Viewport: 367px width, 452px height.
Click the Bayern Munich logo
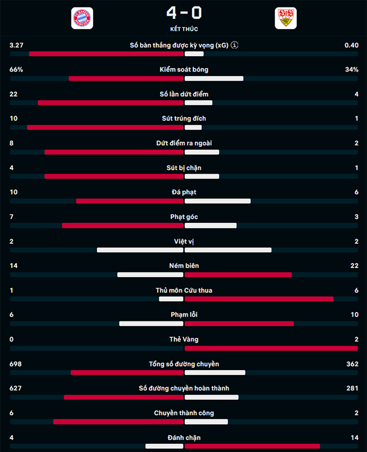coord(82,18)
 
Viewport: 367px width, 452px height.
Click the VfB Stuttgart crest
coord(286,18)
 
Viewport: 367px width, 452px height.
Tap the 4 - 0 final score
coord(183,12)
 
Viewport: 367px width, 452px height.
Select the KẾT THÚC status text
coord(183,29)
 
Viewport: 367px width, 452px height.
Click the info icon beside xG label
coord(235,45)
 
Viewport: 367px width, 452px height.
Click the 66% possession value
coord(16,70)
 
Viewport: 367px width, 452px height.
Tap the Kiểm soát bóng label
coord(183,70)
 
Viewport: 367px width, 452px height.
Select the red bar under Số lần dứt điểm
coord(111,102)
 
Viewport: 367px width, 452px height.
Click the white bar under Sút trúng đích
coord(193,127)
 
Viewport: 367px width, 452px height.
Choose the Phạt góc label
coord(183,217)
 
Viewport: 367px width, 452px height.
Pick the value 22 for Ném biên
coord(354,266)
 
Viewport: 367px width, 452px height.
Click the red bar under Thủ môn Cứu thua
coord(259,299)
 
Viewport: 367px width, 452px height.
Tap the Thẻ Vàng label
coord(183,339)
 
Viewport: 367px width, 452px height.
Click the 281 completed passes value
coord(352,388)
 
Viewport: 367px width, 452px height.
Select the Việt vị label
coord(183,241)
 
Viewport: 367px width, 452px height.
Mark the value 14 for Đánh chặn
coord(354,437)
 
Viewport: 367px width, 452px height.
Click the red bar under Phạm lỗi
coord(239,324)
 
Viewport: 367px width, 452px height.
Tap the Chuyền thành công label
coord(183,413)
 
